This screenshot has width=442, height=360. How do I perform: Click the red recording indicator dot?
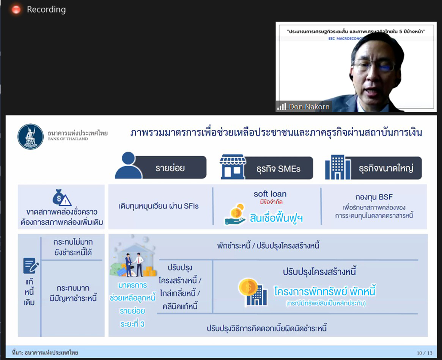[16, 9]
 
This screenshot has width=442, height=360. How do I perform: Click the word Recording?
[46, 9]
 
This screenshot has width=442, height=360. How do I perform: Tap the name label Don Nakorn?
[309, 107]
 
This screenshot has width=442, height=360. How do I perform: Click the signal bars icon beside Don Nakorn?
[282, 107]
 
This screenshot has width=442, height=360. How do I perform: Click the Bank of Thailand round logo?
[30, 137]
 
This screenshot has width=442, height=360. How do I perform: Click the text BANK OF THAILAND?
[68, 139]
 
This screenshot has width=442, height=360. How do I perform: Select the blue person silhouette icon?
[129, 165]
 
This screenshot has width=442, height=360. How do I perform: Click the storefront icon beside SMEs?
[233, 167]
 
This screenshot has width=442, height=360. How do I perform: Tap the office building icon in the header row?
[338, 167]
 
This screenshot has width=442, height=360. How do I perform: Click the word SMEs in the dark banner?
[289, 169]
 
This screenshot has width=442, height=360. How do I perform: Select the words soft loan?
[270, 194]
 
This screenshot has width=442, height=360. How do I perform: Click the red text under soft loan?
[271, 202]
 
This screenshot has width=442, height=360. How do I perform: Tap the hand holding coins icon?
[236, 215]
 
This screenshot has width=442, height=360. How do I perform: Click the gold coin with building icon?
[253, 292]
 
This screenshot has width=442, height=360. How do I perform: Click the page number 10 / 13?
[425, 353]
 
